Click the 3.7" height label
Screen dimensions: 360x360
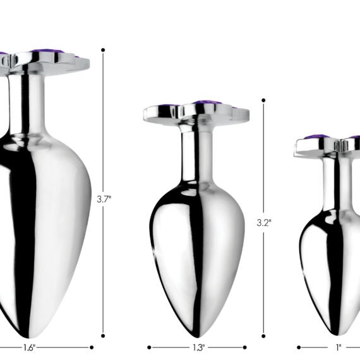click(104, 199)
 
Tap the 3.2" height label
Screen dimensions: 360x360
click(264, 222)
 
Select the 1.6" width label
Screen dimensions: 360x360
click(30, 347)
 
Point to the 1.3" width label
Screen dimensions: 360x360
click(198, 347)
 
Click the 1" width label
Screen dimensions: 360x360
click(339, 347)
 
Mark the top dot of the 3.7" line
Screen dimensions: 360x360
click(103, 50)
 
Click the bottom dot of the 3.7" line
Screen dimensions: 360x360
click(103, 336)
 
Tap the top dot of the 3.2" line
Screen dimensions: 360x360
click(263, 100)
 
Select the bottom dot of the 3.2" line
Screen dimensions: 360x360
click(263, 336)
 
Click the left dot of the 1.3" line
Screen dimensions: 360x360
click(149, 347)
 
